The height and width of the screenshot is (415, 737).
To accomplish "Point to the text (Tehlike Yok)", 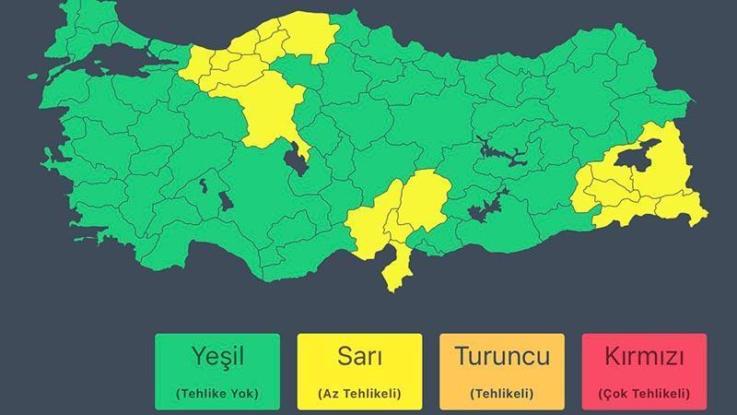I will [217, 394].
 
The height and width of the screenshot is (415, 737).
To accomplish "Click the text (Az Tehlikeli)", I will [359, 394].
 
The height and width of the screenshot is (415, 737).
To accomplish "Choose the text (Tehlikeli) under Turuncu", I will [502, 394].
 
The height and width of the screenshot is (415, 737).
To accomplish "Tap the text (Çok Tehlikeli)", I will [644, 394].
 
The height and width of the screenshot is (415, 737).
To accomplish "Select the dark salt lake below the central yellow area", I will [297, 160].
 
